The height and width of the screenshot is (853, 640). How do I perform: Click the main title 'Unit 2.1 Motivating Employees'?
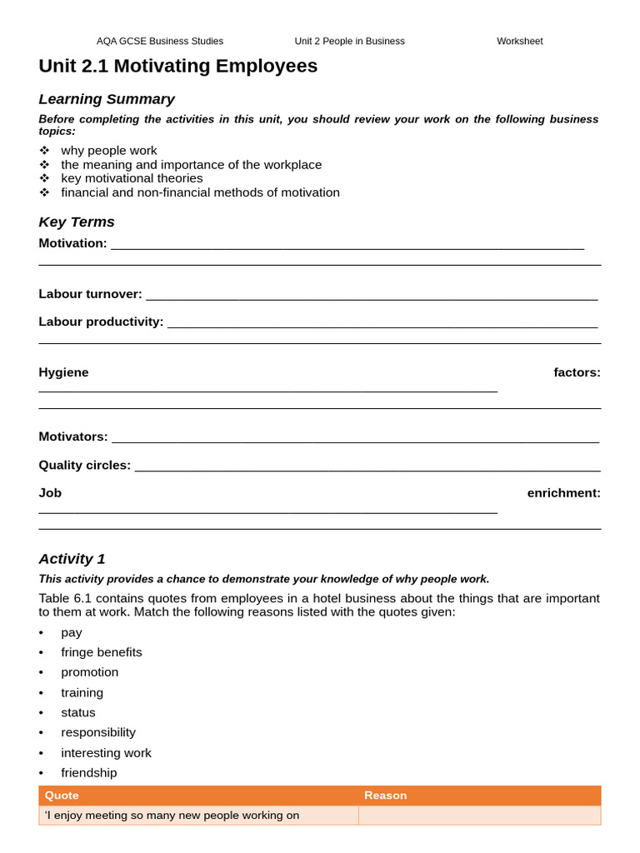177,66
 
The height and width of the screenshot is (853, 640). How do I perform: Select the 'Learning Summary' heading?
107,99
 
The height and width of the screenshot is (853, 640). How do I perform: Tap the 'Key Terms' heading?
77,222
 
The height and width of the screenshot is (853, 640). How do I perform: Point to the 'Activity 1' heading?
72,559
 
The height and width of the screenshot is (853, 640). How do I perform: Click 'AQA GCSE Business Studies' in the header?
160,41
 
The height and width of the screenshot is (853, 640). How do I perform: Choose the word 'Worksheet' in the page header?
519,41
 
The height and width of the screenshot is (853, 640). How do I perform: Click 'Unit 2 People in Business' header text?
349,41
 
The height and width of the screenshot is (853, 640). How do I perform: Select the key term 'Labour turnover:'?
90,294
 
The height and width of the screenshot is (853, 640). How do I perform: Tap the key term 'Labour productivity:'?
101,322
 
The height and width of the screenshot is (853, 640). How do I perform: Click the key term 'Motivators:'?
73,436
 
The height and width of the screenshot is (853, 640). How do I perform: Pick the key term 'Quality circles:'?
84,465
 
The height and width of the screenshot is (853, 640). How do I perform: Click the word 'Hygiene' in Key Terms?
63,372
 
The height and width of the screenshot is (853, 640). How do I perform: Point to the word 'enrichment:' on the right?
563,492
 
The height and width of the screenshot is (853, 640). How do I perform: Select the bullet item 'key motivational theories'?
132,178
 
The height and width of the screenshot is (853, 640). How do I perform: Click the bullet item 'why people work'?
108,151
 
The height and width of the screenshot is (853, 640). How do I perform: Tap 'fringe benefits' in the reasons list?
101,652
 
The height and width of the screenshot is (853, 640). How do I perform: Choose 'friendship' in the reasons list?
88,772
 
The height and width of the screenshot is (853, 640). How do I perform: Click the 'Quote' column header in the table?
62,796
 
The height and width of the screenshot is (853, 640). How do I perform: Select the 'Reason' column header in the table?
385,796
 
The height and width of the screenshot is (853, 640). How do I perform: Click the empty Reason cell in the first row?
479,816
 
